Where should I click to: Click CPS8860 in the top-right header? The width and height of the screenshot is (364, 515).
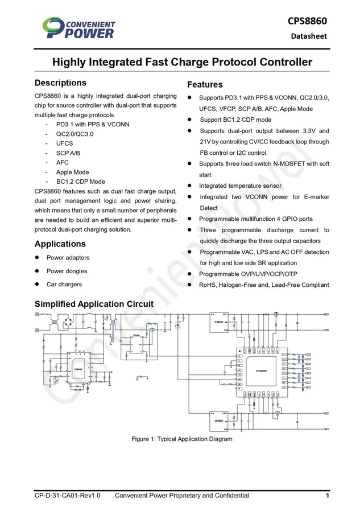(307, 21)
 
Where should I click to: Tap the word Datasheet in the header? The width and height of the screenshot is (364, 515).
(309, 36)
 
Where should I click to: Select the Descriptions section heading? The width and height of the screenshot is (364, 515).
(60, 83)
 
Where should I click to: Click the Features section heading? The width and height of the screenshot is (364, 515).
(205, 85)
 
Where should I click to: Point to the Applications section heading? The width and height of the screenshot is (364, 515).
(60, 244)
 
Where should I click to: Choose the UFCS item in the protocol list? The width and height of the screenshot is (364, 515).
(64, 143)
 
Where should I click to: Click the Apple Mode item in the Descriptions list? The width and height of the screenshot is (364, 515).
(72, 172)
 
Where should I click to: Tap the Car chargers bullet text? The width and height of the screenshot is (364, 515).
(64, 284)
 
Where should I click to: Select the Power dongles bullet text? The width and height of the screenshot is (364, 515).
(67, 271)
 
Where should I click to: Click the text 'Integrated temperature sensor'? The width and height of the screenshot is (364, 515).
(240, 186)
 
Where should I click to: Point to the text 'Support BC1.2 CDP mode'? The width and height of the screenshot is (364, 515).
(235, 120)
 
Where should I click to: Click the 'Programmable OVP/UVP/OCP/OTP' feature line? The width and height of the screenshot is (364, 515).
(248, 274)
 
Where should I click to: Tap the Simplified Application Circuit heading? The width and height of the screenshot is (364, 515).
(94, 304)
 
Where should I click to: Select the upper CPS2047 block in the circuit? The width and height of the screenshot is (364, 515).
(219, 322)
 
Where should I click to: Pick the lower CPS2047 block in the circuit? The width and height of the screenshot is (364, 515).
(219, 421)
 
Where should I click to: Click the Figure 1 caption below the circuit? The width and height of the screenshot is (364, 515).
(182, 439)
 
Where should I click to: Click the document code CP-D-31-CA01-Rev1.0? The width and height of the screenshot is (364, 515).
(68, 496)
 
